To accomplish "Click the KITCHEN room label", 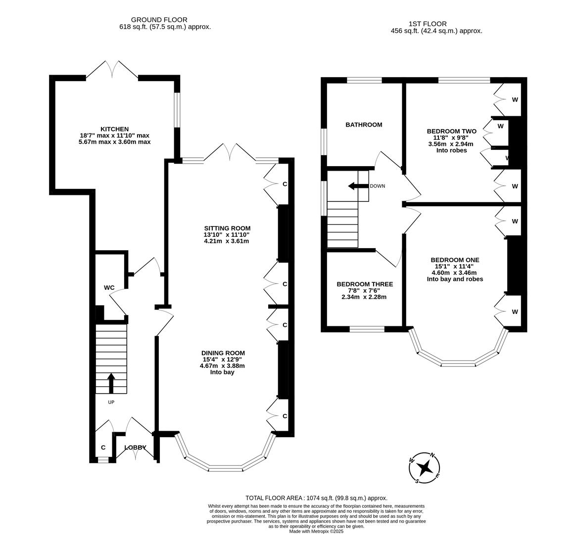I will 114,129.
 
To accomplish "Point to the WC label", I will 109,287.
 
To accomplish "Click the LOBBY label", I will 135,447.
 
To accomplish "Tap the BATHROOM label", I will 364,125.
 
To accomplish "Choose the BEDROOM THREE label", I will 365,284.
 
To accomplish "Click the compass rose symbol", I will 425,467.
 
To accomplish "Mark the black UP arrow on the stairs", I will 111,383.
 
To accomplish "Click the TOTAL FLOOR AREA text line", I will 316,498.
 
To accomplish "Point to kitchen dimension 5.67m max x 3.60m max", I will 114,142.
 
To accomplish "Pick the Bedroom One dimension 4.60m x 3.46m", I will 454,272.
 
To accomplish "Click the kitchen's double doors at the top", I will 112,70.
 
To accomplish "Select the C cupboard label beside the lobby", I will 103,447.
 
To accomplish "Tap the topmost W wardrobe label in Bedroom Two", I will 515,99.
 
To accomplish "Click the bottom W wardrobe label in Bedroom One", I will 515,311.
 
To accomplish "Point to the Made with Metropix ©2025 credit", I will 316,531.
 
